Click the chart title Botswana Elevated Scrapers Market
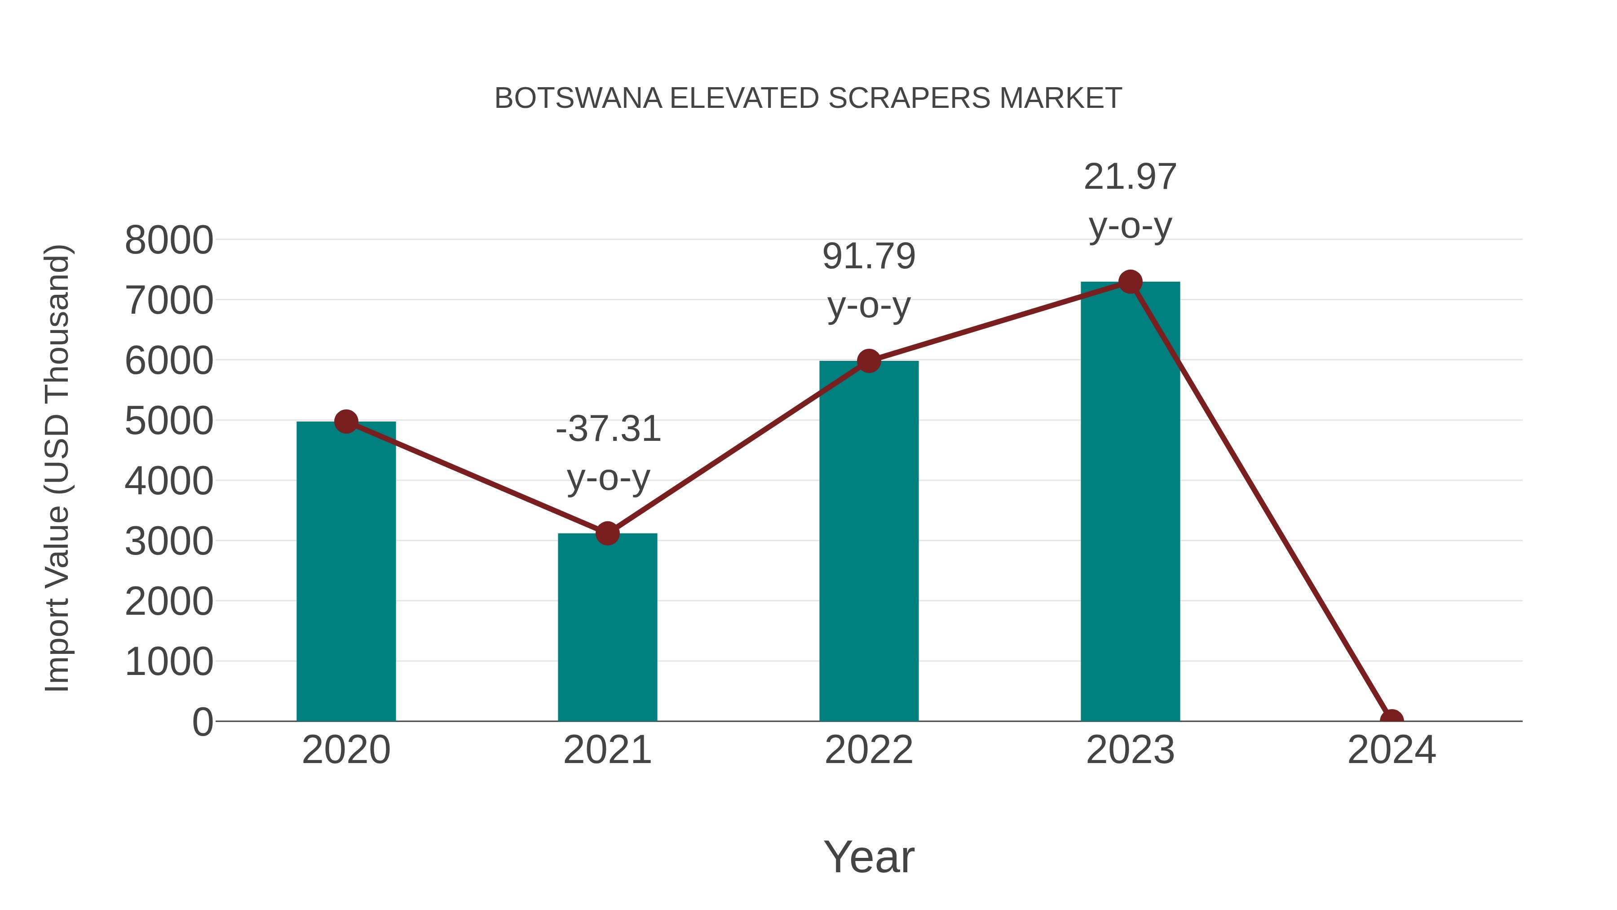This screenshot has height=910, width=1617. (808, 98)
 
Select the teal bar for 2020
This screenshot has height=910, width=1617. (346, 572)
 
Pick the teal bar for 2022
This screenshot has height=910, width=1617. (869, 541)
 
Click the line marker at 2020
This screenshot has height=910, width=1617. (346, 422)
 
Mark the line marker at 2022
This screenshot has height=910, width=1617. (869, 361)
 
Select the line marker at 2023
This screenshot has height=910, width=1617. (1130, 282)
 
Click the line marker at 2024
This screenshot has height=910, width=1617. (1392, 720)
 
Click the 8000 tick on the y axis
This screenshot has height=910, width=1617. (169, 240)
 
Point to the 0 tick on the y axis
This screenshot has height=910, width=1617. (203, 722)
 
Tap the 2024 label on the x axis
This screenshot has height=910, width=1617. (1392, 750)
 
